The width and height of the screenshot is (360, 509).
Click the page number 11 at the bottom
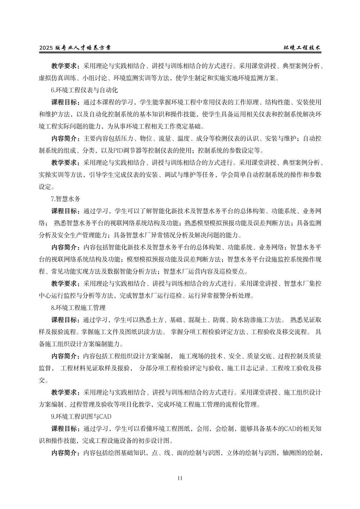(x=180, y=478)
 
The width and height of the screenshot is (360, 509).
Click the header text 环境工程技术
(x=302, y=48)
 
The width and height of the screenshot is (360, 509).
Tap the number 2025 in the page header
(x=46, y=48)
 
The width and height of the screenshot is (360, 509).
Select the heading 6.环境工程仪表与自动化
(x=84, y=90)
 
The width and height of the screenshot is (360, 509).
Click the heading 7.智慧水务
(x=66, y=199)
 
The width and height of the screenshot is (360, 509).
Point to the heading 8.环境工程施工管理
(x=78, y=308)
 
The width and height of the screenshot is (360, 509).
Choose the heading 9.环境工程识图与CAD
(x=81, y=417)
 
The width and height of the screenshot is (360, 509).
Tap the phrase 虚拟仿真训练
(x=54, y=78)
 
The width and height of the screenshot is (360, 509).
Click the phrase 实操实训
(x=51, y=175)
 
